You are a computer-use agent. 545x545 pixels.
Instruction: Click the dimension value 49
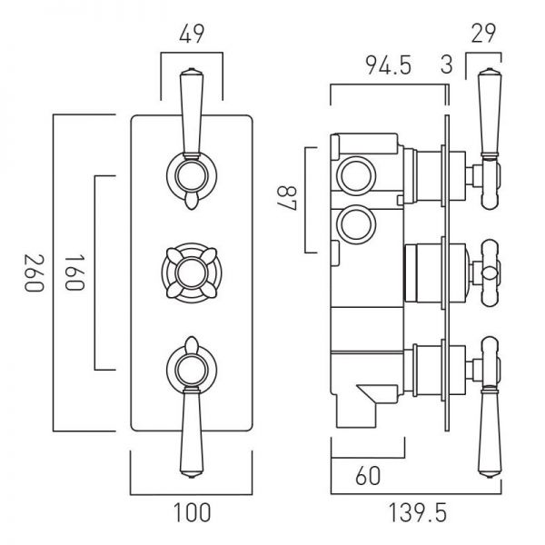(192, 35)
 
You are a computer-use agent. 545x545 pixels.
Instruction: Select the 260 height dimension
(35, 272)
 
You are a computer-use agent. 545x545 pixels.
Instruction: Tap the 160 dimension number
(74, 272)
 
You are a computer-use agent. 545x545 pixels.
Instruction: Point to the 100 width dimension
(192, 512)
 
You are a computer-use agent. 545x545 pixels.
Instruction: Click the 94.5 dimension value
(388, 65)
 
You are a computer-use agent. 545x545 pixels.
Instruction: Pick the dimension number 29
(483, 34)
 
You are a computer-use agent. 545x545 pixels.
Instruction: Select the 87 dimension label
(287, 198)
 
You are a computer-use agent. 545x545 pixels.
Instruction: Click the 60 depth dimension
(368, 475)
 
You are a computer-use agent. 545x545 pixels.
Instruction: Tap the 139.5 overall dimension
(417, 512)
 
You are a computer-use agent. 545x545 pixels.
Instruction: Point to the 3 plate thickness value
(447, 65)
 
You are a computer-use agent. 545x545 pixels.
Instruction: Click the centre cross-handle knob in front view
(192, 271)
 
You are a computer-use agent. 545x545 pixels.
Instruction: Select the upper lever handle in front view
(192, 114)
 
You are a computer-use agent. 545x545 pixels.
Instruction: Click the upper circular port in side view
(356, 175)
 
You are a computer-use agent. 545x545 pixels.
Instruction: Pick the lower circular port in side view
(356, 224)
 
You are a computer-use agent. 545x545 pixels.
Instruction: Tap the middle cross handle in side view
(490, 272)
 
